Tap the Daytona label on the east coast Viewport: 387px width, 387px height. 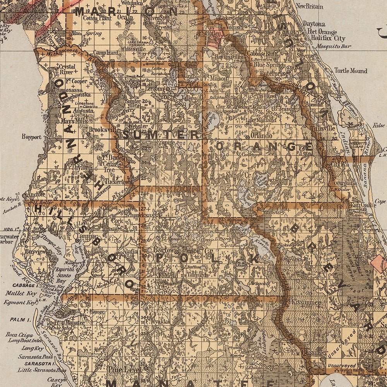click(313, 24)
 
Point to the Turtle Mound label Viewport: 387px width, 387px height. click(351, 71)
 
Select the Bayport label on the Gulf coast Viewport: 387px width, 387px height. click(31, 137)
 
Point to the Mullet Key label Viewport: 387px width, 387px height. click(21, 294)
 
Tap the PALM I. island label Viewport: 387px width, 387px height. click(21, 320)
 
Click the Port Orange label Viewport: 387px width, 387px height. click(320, 32)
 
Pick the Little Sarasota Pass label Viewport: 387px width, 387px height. click(42, 370)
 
